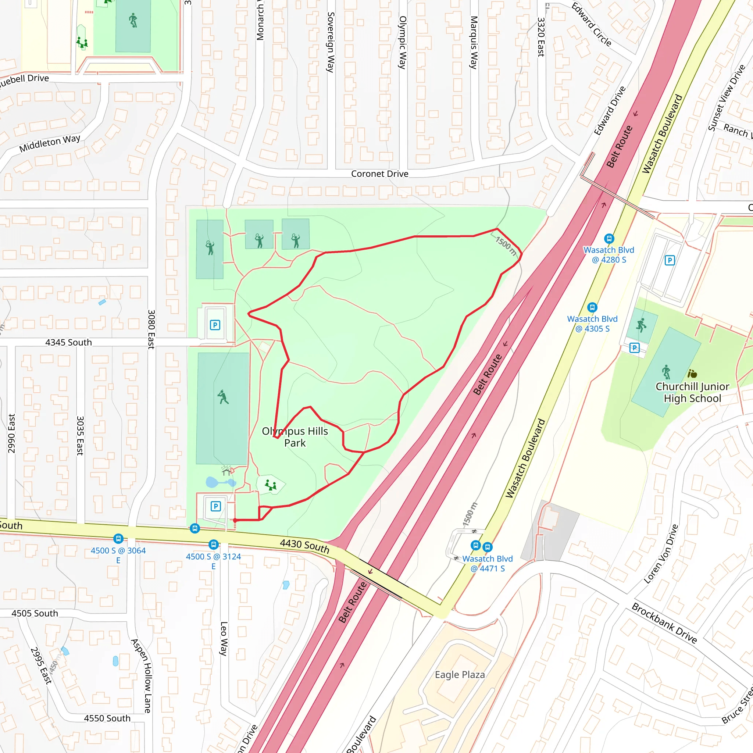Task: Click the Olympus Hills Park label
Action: [x=295, y=437]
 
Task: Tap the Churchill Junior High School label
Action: [x=692, y=392]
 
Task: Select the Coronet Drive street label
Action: [x=379, y=174]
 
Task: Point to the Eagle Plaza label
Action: [x=460, y=675]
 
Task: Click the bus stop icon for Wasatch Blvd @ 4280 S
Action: [x=609, y=239]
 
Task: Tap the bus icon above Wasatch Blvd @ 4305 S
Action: [x=592, y=307]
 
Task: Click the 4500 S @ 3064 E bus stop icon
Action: [x=118, y=539]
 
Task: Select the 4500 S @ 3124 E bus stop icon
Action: [x=213, y=545]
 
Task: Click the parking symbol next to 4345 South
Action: [x=215, y=325]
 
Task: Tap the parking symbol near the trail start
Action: [x=215, y=506]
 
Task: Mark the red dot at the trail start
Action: [x=235, y=520]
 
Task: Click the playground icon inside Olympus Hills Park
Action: [x=271, y=485]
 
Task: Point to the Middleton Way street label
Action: [x=50, y=143]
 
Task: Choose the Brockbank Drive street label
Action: [x=664, y=623]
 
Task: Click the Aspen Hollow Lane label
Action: [x=141, y=676]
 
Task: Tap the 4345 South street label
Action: [x=69, y=342]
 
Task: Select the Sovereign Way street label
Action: [x=331, y=42]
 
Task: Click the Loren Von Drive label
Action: [x=661, y=554]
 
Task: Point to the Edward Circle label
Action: [x=591, y=24]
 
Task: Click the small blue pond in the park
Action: [x=212, y=482]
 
